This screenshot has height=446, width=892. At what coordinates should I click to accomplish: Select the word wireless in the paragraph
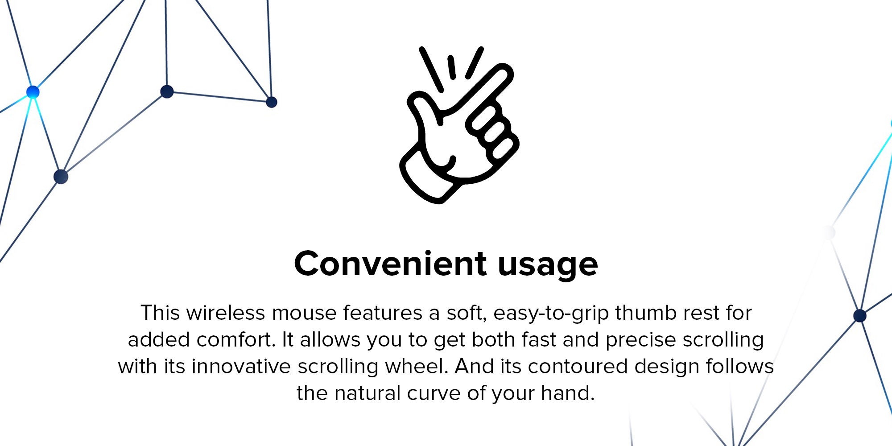point(226,313)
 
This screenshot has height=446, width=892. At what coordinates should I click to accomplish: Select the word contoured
point(578,367)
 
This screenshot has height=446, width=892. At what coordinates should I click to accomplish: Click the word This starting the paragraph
point(160,313)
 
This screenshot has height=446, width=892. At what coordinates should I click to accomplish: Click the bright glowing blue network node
point(33,92)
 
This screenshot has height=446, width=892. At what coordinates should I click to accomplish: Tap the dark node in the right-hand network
point(859,316)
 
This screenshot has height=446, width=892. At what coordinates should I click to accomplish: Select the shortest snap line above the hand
point(452,67)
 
